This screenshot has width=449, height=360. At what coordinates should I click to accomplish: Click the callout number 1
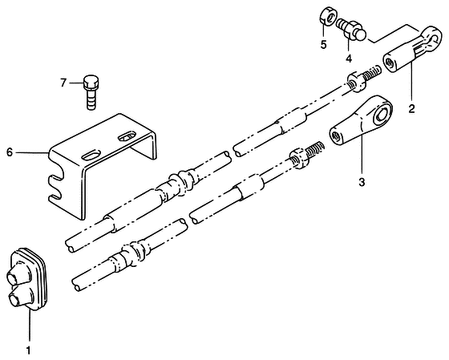[x=28, y=350]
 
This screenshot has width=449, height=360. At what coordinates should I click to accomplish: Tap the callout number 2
[x=412, y=109]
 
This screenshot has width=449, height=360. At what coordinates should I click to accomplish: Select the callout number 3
[x=362, y=182]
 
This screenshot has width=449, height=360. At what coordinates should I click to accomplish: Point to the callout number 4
[x=349, y=59]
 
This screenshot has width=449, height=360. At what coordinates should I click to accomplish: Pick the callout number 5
[x=324, y=45]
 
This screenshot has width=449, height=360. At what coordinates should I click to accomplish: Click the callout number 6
[x=10, y=152]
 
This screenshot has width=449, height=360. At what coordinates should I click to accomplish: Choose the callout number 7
[x=63, y=83]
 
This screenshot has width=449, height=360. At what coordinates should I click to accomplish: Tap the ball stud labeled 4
[x=351, y=30]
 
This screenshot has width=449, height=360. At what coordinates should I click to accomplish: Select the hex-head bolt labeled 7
[x=91, y=92]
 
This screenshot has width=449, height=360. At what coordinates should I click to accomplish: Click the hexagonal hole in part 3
[x=380, y=115]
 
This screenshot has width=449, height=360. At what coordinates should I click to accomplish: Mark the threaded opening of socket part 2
[x=390, y=62]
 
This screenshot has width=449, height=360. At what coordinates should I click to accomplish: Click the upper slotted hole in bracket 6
[x=127, y=136]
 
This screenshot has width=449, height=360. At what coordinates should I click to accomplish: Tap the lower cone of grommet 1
[x=21, y=297]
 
